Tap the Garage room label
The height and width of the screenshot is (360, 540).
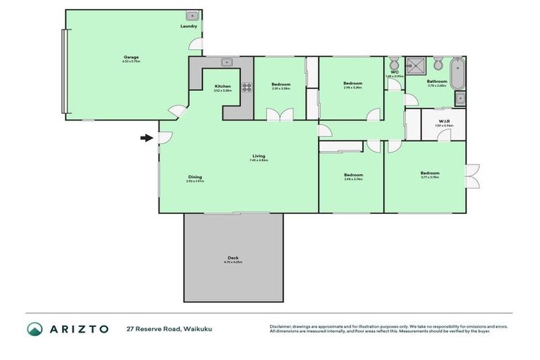point(131,57)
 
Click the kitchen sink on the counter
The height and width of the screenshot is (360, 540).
point(227,61)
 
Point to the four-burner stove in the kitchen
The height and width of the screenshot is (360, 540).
point(247,87)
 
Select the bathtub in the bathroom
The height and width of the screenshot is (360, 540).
point(457,75)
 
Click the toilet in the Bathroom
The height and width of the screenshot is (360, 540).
point(437,65)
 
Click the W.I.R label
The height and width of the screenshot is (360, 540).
point(444,121)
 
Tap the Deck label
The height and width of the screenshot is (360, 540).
point(233,257)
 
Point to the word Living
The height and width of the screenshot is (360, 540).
point(259,155)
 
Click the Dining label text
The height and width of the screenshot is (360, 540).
point(195,176)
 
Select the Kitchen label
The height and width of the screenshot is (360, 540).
point(222,86)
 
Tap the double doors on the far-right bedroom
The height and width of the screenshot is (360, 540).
point(472,176)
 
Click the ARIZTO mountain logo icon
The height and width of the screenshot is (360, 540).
point(34,328)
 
